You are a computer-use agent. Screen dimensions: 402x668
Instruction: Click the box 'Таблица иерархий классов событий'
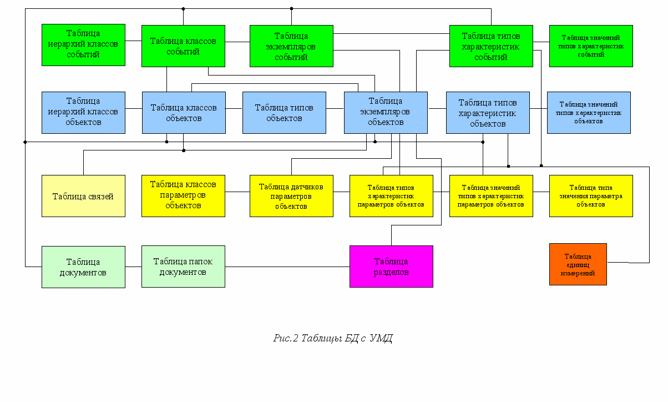[83, 45]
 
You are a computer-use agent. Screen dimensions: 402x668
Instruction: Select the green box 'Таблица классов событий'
[183, 46]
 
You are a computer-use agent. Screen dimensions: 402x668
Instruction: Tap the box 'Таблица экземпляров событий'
[291, 46]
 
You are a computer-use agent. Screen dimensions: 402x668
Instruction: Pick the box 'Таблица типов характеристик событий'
[491, 46]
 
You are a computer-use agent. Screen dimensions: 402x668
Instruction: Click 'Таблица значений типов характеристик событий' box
[591, 46]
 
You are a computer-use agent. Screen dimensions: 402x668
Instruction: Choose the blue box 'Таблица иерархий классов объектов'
[83, 113]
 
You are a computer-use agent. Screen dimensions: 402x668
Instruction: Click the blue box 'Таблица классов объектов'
[184, 113]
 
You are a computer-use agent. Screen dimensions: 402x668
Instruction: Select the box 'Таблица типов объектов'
[284, 113]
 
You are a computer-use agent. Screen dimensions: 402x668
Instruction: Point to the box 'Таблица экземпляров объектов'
[386, 113]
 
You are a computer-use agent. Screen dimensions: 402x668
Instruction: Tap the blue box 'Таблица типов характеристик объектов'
[488, 113]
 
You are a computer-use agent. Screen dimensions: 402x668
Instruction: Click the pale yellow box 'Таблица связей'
[83, 196]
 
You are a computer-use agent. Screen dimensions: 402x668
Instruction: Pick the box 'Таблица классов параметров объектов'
[183, 196]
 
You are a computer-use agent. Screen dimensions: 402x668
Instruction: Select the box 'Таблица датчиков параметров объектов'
[291, 196]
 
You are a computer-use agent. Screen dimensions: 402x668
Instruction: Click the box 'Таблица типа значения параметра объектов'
[591, 196]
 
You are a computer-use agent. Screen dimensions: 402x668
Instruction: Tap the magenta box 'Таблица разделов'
[391, 267]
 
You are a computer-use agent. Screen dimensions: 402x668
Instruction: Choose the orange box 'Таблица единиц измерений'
[578, 264]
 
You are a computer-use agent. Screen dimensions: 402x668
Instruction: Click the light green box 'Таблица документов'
[83, 267]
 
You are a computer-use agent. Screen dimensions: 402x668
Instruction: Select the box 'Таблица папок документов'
[183, 267]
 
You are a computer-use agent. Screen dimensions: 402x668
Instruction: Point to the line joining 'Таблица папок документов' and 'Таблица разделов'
[287, 267]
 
